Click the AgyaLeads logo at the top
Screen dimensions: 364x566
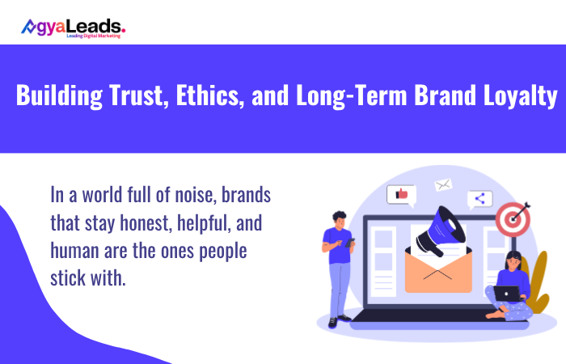73,28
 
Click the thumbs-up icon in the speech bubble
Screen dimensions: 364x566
400,194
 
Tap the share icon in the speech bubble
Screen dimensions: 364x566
479,198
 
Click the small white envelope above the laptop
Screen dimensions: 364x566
442,184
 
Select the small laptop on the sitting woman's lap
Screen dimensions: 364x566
507,293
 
